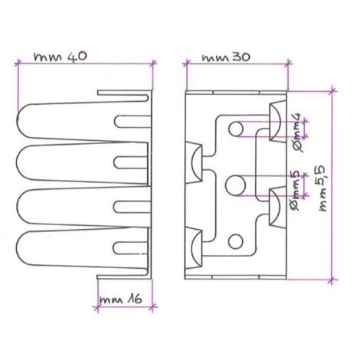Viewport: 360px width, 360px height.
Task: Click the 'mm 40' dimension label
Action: pos(61,56)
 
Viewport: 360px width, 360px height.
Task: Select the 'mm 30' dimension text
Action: pos(226,57)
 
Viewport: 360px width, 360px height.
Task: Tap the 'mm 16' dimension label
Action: pos(120,299)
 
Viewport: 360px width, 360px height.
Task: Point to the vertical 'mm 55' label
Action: pos(322,188)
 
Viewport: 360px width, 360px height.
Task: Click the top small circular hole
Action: pos(236,129)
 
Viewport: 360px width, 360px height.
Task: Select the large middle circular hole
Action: pos(236,185)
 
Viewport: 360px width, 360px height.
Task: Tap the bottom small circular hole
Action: pos(235,241)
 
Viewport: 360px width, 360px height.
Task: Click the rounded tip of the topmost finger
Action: pos(18,119)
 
